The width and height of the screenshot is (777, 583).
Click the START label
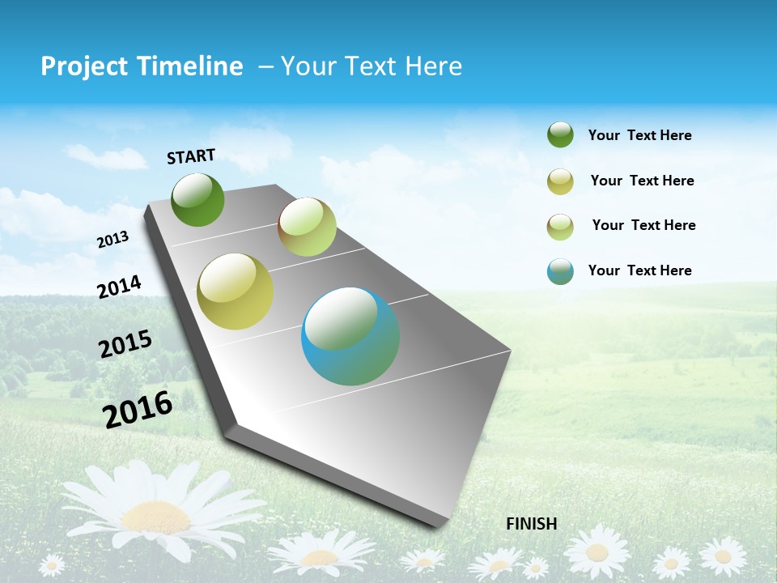click(191, 156)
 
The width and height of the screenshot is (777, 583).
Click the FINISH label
click(531, 524)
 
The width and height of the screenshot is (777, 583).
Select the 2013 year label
click(113, 240)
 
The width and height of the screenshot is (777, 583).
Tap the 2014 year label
click(119, 287)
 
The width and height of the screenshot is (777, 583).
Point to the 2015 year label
click(125, 344)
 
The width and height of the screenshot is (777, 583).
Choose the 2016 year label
click(138, 409)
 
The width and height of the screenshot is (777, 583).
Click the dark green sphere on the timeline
click(197, 200)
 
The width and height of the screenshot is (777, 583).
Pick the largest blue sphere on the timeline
click(350, 336)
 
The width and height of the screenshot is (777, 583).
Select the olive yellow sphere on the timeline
click(235, 291)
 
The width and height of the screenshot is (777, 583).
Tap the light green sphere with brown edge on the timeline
click(307, 227)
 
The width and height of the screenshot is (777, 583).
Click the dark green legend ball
click(560, 134)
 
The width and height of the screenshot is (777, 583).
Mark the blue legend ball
click(560, 271)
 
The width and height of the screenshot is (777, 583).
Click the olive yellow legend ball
click(560, 181)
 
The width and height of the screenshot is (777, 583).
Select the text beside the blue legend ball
click(639, 270)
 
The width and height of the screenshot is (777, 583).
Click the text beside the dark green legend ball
click(639, 135)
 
